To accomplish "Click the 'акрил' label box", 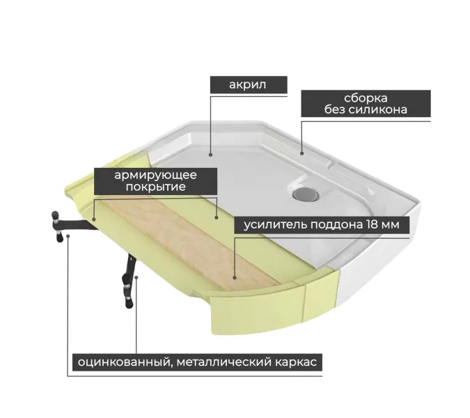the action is [x=249, y=84].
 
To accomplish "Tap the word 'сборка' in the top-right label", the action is [x=366, y=98].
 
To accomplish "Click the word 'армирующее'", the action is [x=155, y=176].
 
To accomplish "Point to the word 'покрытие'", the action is [x=155, y=187].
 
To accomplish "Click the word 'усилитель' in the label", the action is [x=275, y=224].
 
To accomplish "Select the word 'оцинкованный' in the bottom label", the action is [x=125, y=362].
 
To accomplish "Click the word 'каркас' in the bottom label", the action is [x=295, y=362].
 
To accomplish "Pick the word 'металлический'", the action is [x=224, y=362].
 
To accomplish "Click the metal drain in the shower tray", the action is [x=306, y=194].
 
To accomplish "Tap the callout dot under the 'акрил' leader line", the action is [x=211, y=155].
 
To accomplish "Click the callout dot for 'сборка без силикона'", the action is [x=301, y=153].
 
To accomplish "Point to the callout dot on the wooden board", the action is [x=235, y=278].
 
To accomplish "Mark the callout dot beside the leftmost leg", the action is [x=68, y=236].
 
